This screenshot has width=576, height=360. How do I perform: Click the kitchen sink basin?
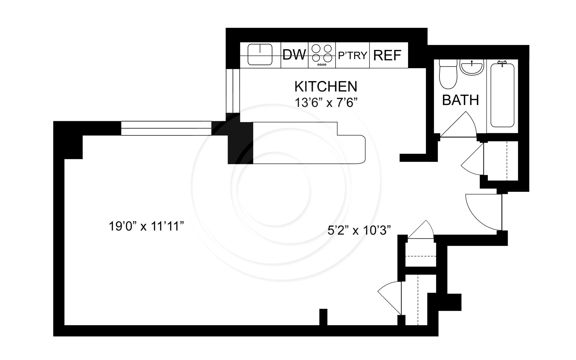point(260,55)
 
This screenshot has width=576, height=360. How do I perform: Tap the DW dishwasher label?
point(294,55)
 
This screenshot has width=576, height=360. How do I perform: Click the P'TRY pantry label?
point(352,55)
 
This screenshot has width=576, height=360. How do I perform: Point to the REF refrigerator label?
point(387,55)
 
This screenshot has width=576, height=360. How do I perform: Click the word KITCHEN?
point(326,87)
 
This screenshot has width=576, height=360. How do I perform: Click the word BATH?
point(460,100)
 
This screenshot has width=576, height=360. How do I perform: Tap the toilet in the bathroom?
point(448,75)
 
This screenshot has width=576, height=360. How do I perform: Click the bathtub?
point(502,94)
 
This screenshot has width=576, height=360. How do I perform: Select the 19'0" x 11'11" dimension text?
point(146,226)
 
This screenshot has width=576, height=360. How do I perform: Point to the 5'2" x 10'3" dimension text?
point(359,231)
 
